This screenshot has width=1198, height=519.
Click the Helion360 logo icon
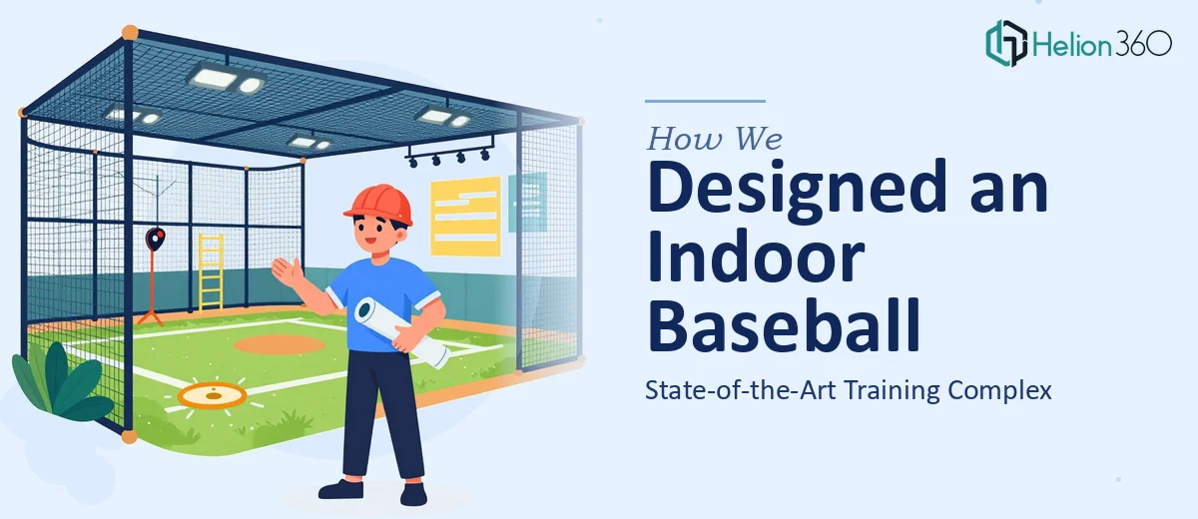[x=1006, y=43]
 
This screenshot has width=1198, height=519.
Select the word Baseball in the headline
[x=784, y=325]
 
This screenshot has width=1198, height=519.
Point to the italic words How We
[x=715, y=139]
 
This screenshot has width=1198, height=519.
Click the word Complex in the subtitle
[x=999, y=390]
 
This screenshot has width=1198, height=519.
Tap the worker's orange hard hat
[x=379, y=205]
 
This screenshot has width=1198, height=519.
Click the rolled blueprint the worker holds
[x=401, y=332]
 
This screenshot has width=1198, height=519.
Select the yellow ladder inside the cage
[x=211, y=271]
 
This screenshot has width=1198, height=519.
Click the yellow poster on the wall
[x=466, y=217]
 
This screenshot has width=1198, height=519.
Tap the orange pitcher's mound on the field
[x=279, y=344]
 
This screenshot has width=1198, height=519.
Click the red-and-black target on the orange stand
[x=155, y=239]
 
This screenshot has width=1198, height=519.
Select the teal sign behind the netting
[x=527, y=202]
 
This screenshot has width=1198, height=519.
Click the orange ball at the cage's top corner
[x=130, y=33]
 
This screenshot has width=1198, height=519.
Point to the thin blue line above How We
[x=705, y=101]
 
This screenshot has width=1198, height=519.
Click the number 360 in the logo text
[x=1143, y=44]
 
